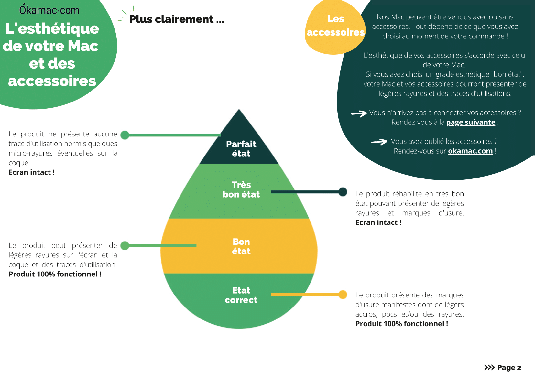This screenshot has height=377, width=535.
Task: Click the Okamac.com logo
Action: point(49,10)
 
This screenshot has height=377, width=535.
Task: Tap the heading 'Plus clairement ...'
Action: point(177,19)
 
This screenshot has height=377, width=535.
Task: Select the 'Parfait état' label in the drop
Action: point(241,149)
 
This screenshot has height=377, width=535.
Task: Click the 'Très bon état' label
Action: point(241,189)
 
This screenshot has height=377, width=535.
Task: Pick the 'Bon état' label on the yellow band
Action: point(241,246)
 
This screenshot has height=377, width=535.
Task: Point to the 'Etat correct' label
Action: point(241,295)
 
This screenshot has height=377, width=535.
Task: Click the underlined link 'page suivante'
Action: point(471,122)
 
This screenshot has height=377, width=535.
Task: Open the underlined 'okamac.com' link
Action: point(470,151)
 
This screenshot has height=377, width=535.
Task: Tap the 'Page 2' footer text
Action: point(509,367)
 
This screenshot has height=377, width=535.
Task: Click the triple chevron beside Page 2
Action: point(489,367)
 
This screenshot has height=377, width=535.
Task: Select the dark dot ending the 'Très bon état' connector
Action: point(343,192)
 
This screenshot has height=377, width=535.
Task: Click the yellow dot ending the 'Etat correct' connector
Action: point(343,295)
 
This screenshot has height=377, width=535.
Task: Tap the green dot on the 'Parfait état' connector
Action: point(125,135)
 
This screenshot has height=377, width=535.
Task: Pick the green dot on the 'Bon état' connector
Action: point(125,245)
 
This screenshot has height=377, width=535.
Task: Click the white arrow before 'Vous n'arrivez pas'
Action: point(359,113)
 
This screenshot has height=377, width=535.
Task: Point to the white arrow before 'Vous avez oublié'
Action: point(379,142)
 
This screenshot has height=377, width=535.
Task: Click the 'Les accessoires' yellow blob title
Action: point(335,25)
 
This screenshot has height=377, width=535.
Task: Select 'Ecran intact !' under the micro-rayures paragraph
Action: point(32,172)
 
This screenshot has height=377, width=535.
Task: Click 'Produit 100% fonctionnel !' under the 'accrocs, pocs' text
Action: point(402,324)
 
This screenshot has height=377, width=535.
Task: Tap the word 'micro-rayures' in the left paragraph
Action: point(31,153)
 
